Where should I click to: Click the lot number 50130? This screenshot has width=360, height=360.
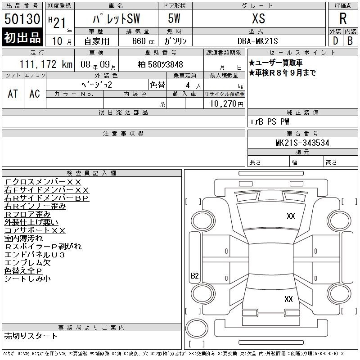pyautogui.click(x=22, y=19)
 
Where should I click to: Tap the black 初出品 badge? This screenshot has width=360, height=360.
pyautogui.click(x=22, y=37)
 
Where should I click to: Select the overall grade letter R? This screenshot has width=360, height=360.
pyautogui.click(x=343, y=18)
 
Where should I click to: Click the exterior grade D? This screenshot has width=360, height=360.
pyautogui.click(x=335, y=41)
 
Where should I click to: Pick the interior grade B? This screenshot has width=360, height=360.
pyautogui.click(x=350, y=41)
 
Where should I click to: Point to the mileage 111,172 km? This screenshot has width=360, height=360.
pyautogui.click(x=46, y=64)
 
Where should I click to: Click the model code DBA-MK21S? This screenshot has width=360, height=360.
pyautogui.click(x=257, y=41)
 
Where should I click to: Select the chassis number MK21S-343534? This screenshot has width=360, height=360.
pyautogui.click(x=302, y=143)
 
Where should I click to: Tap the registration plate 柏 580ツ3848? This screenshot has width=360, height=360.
pyautogui.click(x=161, y=64)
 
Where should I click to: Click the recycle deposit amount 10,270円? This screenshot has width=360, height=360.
pyautogui.click(x=227, y=104)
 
